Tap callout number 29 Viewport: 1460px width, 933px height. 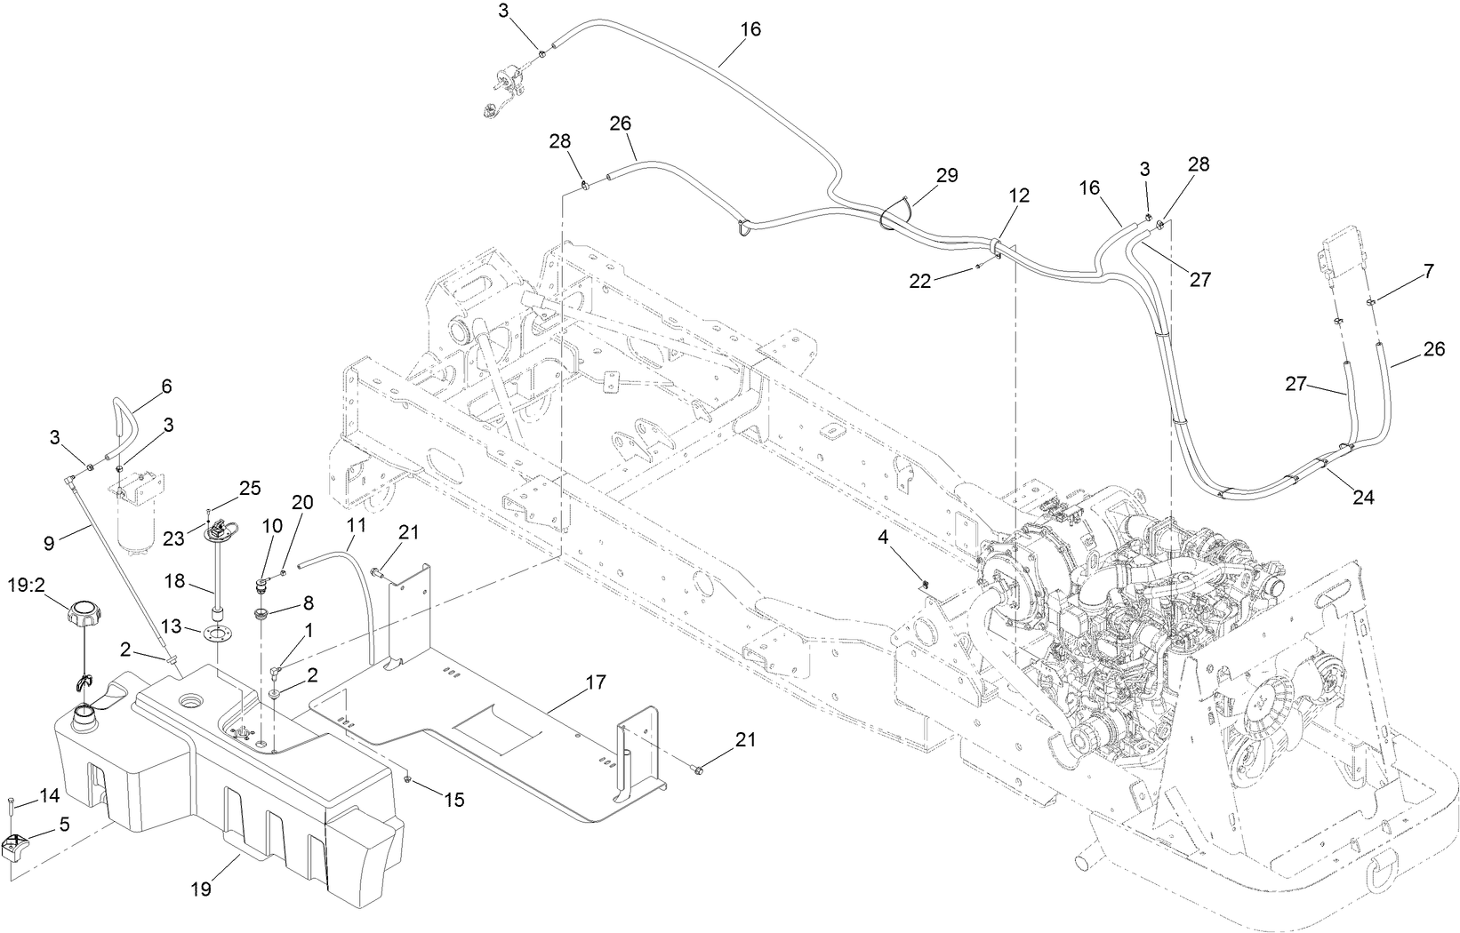pyautogui.click(x=947, y=176)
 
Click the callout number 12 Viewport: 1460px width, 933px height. pyautogui.click(x=1019, y=195)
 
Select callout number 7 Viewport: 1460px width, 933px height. pyautogui.click(x=1428, y=272)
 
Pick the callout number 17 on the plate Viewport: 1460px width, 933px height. pyautogui.click(x=595, y=682)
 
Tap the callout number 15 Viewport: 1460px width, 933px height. pyautogui.click(x=453, y=800)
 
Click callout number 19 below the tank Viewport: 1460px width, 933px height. pyautogui.click(x=202, y=889)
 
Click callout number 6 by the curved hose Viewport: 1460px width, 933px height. pyautogui.click(x=166, y=386)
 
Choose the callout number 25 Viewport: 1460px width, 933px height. pyautogui.click(x=251, y=487)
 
